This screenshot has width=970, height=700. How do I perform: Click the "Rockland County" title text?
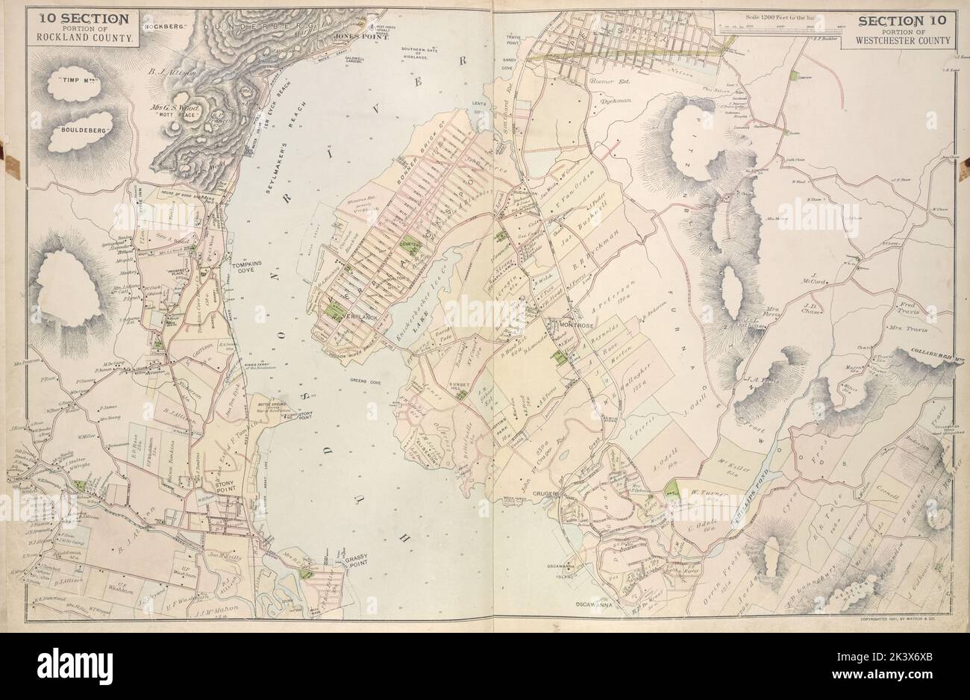[80, 36]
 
